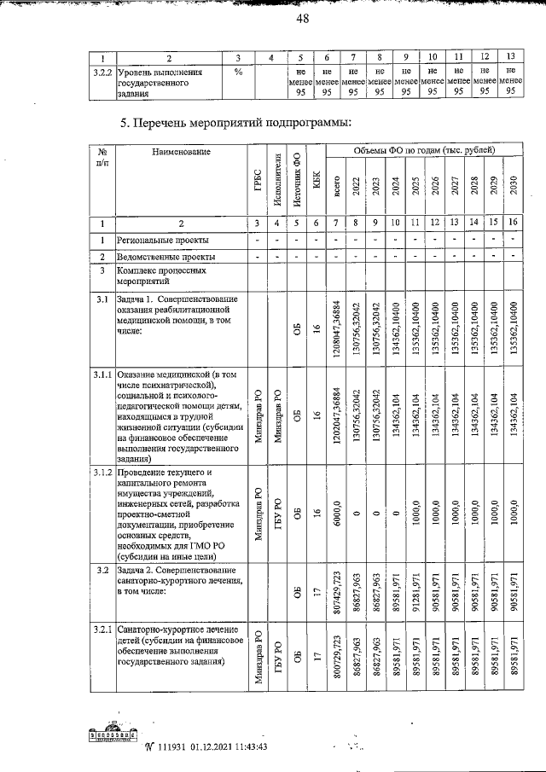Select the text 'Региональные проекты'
pyautogui.click(x=162, y=241)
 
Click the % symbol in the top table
pyautogui.click(x=238, y=72)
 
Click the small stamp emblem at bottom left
pyautogui.click(x=113, y=739)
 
